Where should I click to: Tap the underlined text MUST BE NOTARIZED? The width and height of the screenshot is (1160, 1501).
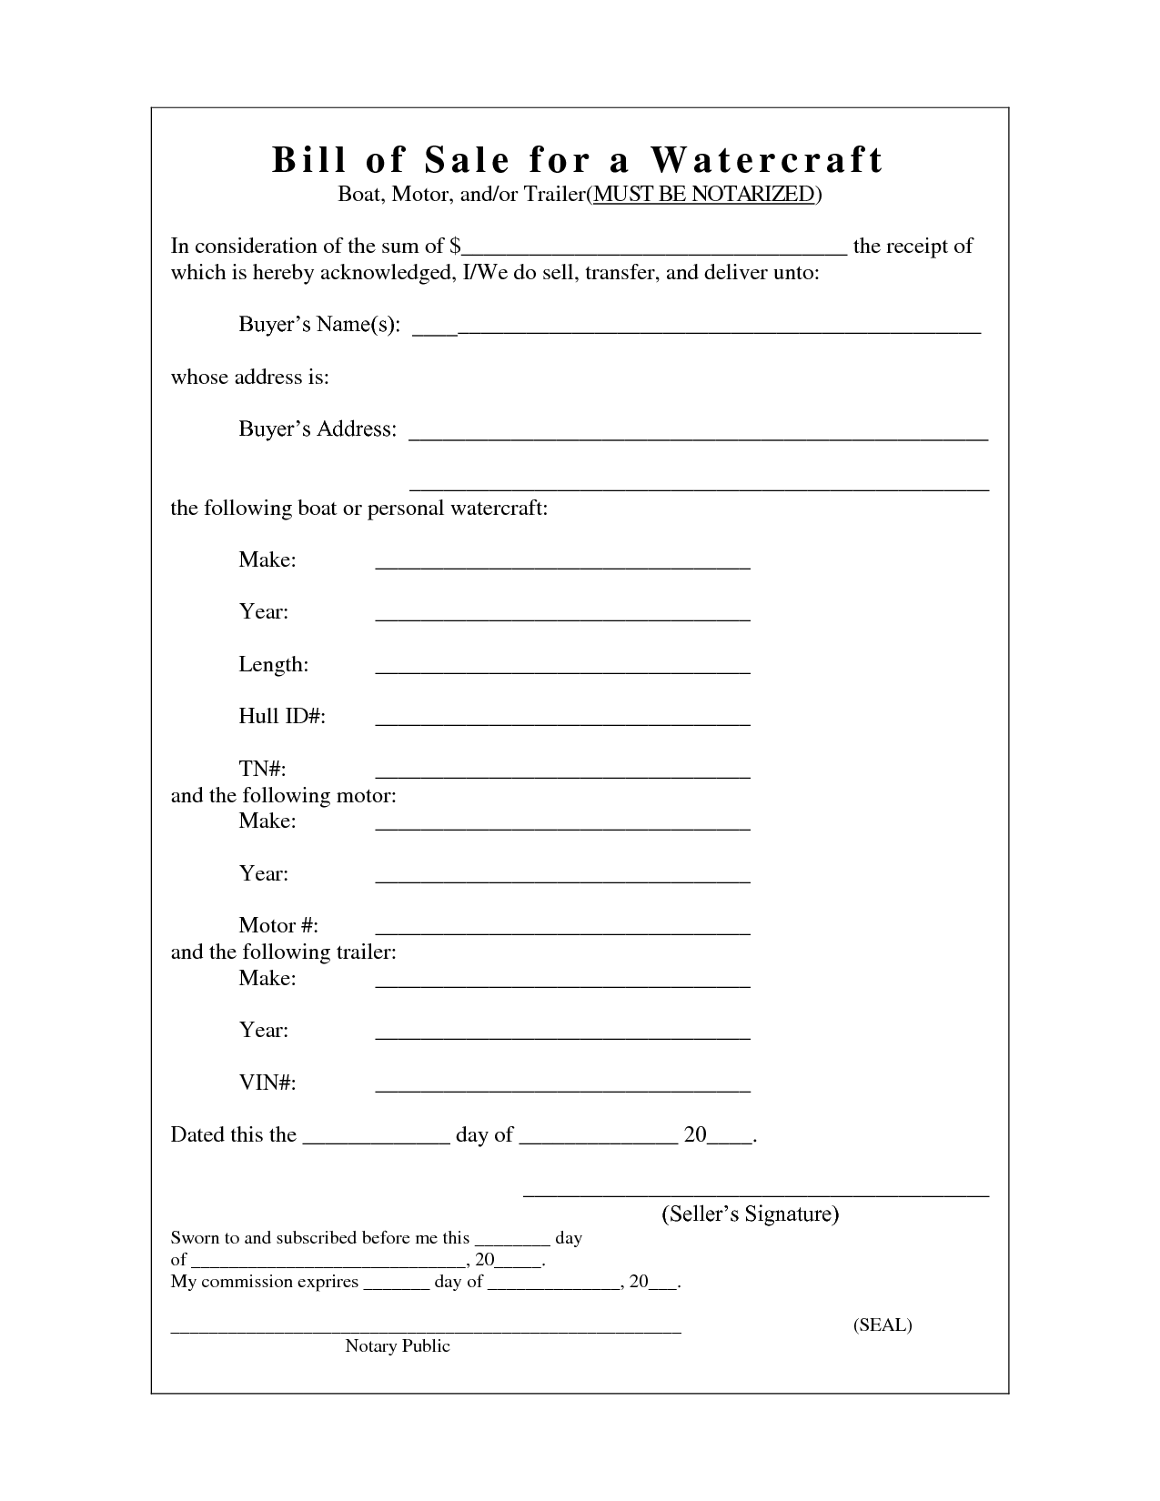click(703, 194)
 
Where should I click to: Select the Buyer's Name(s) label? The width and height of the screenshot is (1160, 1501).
click(319, 325)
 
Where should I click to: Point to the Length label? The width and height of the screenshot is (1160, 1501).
click(273, 664)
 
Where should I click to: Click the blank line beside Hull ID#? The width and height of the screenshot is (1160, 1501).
click(562, 723)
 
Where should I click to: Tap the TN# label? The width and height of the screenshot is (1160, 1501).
click(263, 770)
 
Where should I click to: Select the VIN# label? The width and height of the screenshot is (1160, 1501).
click(267, 1083)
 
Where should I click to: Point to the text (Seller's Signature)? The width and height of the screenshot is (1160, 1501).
click(750, 1214)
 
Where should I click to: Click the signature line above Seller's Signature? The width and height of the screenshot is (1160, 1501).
click(755, 1194)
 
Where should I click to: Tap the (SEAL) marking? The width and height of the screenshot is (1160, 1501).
click(883, 1325)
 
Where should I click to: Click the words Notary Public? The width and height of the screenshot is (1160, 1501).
click(398, 1345)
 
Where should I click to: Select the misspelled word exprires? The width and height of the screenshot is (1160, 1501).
click(326, 1282)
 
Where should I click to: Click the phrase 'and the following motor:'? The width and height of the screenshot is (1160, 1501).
click(284, 795)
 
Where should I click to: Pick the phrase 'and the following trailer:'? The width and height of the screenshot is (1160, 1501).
click(284, 952)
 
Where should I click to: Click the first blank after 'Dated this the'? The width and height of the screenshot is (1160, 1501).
click(376, 1141)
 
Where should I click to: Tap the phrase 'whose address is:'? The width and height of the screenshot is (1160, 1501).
click(250, 377)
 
